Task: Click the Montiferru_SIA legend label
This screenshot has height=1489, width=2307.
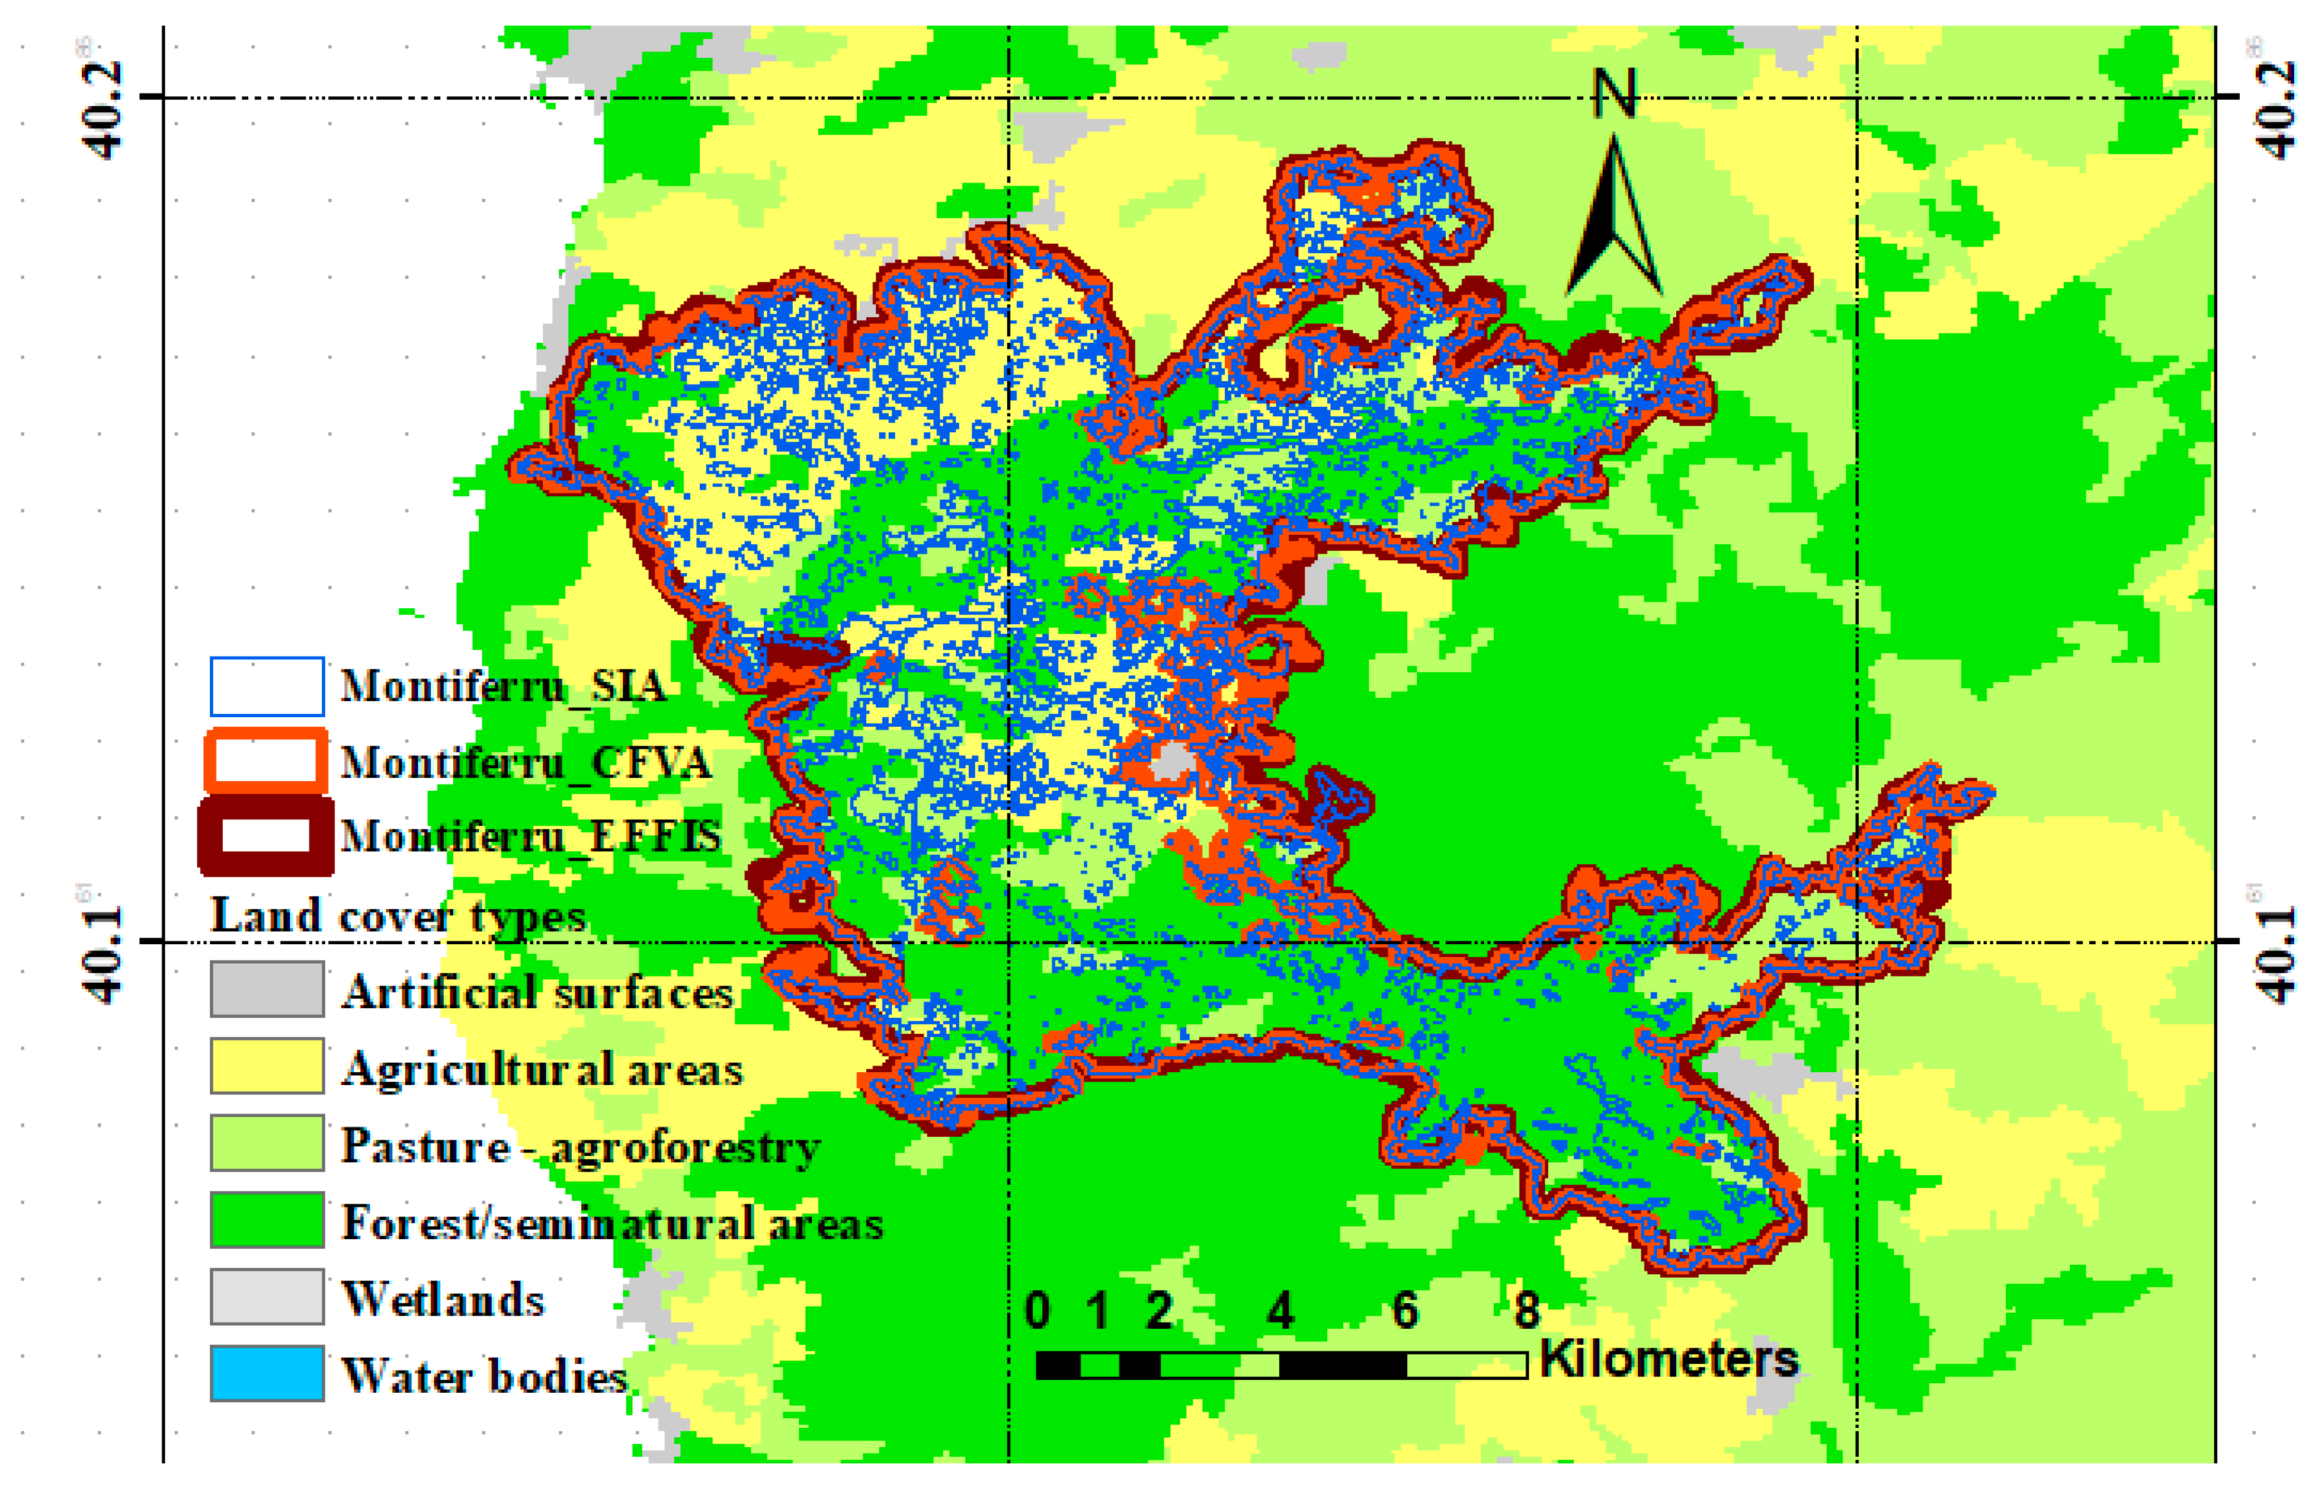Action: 503,687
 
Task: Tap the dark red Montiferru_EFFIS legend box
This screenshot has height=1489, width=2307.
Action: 266,835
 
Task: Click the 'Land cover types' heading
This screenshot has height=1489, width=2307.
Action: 397,916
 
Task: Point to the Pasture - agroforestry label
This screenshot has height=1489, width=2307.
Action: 581,1147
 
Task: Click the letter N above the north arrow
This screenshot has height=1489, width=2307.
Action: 1613,94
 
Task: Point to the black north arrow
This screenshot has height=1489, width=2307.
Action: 1613,218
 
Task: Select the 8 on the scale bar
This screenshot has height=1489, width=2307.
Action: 1526,1310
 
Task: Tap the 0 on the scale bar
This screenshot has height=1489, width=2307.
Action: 1037,1310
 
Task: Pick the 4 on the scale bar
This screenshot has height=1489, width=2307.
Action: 1280,1310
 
